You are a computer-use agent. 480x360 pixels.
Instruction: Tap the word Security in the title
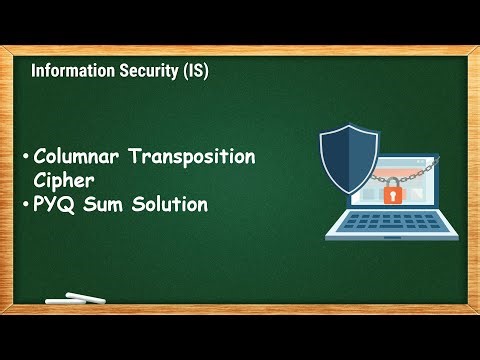click(142, 72)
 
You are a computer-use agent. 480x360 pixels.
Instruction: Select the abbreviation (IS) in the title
click(192, 72)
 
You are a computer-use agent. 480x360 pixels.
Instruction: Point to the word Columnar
click(74, 157)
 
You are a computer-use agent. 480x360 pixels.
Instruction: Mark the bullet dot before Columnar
click(25, 158)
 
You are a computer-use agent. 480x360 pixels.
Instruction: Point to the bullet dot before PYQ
click(25, 206)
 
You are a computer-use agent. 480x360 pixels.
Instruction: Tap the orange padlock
click(393, 194)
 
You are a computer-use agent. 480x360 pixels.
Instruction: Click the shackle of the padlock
click(393, 181)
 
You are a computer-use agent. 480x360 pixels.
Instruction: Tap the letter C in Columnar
click(40, 157)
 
